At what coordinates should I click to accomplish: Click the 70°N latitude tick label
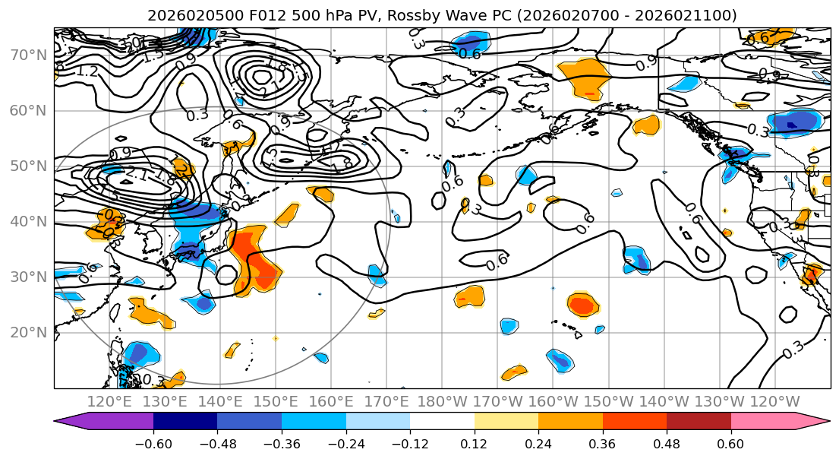(27, 55)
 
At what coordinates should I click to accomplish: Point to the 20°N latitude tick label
(27, 332)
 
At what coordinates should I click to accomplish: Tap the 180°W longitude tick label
(442, 401)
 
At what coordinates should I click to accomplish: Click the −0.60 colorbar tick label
(153, 444)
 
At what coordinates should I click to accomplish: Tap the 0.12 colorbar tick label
(474, 444)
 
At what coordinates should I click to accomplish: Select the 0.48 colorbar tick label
(667, 444)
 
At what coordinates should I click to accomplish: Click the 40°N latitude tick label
(27, 221)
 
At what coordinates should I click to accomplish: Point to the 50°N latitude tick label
(27, 166)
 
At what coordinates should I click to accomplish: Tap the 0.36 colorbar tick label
(602, 444)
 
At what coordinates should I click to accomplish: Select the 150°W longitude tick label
(608, 401)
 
